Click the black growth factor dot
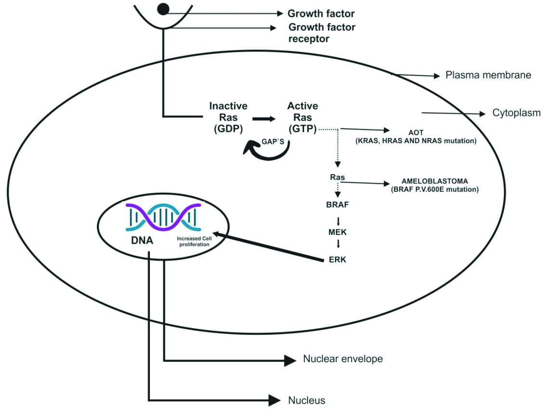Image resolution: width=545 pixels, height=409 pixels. pyautogui.click(x=164, y=8)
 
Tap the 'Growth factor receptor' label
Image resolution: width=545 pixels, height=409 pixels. pyautogui.click(x=322, y=33)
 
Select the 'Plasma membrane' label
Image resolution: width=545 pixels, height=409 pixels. pyautogui.click(x=488, y=75)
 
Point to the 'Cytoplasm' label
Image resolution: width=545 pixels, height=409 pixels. pyautogui.click(x=516, y=113)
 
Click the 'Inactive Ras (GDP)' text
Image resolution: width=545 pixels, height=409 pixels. pyautogui.click(x=228, y=118)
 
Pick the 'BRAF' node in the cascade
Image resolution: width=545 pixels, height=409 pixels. pyautogui.click(x=337, y=204)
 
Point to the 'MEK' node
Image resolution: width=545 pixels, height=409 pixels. pyautogui.click(x=337, y=232)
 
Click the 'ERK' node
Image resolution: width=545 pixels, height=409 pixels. pyautogui.click(x=337, y=260)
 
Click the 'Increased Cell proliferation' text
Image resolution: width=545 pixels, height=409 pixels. pyautogui.click(x=193, y=241)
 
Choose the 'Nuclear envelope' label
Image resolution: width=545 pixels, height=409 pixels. pyautogui.click(x=343, y=359)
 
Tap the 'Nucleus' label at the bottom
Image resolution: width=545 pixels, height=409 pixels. pyautogui.click(x=306, y=400)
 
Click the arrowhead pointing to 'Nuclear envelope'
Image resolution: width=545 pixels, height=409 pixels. pyautogui.click(x=290, y=359)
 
